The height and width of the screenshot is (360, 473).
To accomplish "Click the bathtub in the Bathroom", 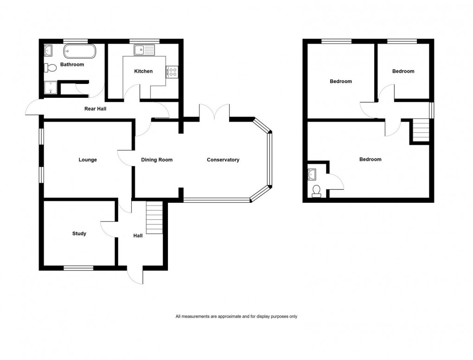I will click(80, 51).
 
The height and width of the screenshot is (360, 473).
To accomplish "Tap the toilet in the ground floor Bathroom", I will click(51, 68).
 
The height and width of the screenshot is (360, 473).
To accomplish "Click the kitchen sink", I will click(144, 49).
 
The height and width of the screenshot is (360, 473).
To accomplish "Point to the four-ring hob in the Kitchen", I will click(173, 72).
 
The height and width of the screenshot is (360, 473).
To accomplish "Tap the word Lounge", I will click(88, 160).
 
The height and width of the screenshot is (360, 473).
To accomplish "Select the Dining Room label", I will click(157, 160).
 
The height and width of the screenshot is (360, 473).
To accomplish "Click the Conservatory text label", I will click(223, 160).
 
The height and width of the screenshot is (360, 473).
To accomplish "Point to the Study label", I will click(79, 233).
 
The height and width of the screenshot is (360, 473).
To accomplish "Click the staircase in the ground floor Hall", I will click(154, 218).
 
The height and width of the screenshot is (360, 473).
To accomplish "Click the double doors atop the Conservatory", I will click(214, 113).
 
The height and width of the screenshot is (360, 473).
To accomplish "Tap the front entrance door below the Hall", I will click(135, 275).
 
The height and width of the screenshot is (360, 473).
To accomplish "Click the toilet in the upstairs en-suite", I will click(317, 191).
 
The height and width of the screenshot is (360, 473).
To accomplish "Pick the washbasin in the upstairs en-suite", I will click(312, 174).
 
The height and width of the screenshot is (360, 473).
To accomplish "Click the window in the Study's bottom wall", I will click(78, 268).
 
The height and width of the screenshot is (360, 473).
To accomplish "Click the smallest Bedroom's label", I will click(403, 71).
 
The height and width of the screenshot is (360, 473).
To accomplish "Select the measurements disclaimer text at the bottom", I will click(236, 316).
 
